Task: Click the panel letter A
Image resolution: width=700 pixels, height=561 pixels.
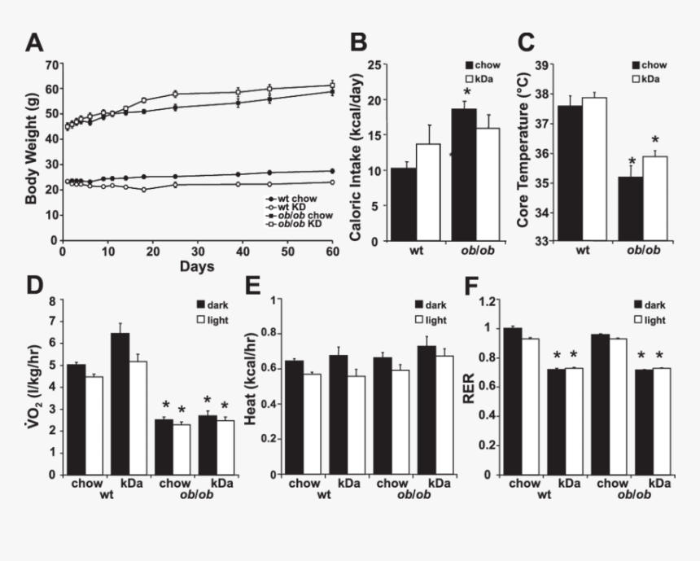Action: click(35, 43)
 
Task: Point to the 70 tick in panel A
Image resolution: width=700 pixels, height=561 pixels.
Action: click(55, 64)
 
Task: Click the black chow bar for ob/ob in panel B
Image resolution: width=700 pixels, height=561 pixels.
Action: click(463, 175)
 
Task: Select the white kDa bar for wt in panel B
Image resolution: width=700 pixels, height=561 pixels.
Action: click(428, 193)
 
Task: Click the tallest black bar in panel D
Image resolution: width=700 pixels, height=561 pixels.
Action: click(120, 404)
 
